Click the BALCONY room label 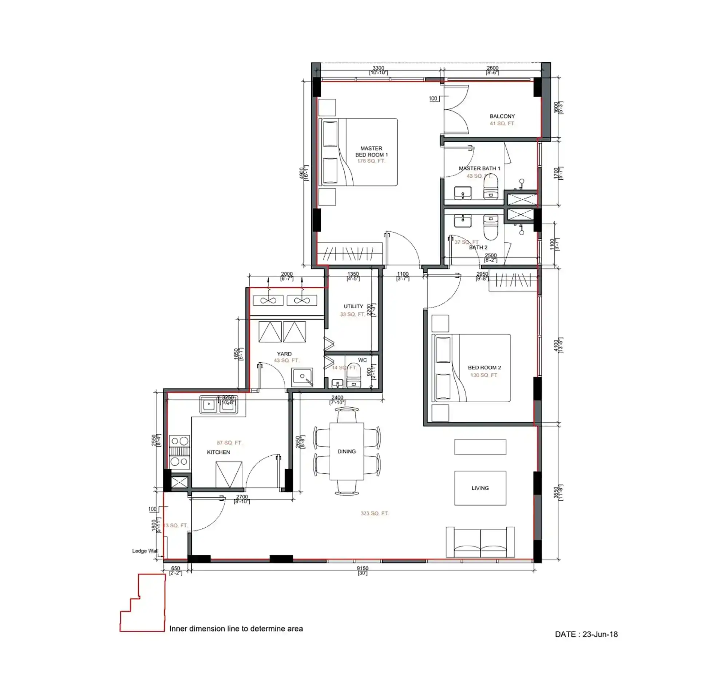502,116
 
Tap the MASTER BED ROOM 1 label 371,151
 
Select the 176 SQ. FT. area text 371,161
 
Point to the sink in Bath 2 463,221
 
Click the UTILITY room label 353,306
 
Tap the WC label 362,360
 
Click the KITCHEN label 218,452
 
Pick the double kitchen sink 218,405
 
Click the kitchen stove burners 179,451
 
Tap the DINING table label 347,451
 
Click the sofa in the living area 480,543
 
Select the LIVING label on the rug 480,488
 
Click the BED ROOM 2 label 484,367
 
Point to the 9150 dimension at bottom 362,568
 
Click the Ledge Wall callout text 145,551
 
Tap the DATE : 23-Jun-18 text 586,634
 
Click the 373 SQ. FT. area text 374,513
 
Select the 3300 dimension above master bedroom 378,68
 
